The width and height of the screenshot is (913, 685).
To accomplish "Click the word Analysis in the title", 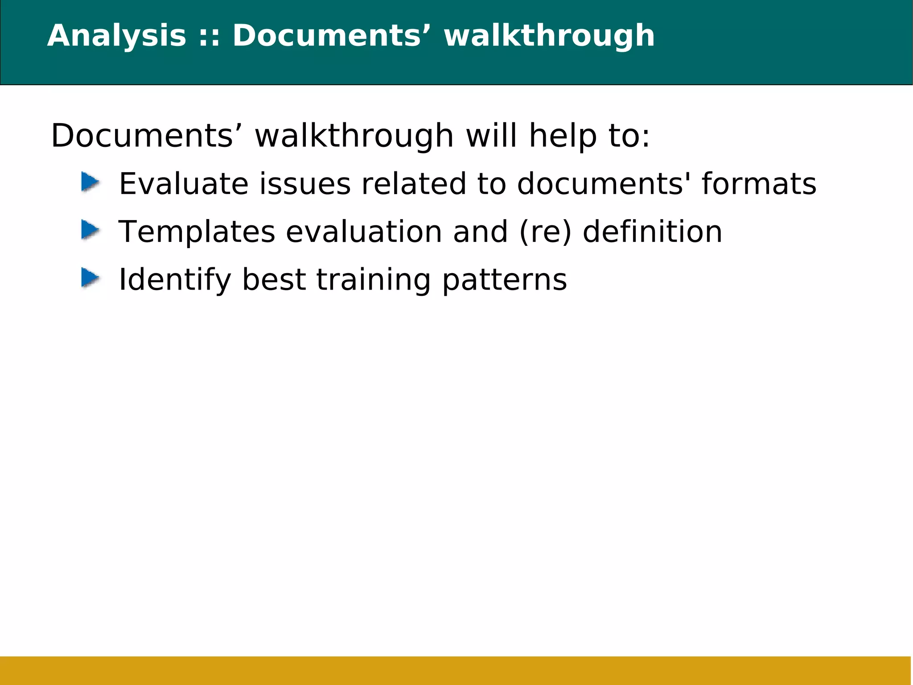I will [116, 36].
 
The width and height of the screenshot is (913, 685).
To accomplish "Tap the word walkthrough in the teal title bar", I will [549, 36].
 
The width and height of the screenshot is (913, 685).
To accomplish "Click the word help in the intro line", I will [563, 136].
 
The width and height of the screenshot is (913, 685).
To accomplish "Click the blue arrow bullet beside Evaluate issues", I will [90, 183].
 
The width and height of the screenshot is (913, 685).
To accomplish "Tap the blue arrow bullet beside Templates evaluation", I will [90, 230].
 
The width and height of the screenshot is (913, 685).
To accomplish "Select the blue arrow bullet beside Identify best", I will [90, 278].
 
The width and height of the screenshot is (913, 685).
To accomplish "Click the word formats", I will [759, 184].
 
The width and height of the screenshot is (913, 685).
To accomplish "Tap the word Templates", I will [197, 232].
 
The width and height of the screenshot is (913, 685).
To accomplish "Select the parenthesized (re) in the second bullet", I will [545, 232].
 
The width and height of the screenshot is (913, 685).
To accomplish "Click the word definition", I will [652, 232].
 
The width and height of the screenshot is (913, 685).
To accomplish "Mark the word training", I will [374, 280].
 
